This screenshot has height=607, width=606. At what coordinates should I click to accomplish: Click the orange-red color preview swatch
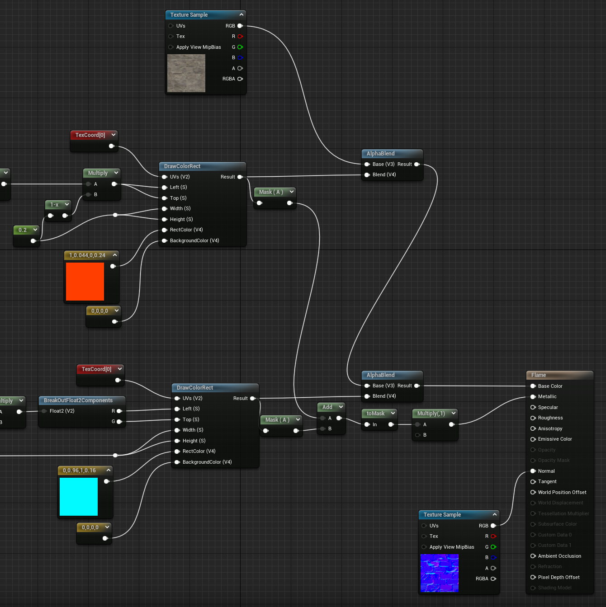(x=85, y=282)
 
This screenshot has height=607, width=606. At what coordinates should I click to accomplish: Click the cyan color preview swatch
(x=79, y=497)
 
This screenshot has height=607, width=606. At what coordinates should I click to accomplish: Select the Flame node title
(x=539, y=375)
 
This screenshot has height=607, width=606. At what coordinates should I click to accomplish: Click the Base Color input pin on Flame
(x=533, y=386)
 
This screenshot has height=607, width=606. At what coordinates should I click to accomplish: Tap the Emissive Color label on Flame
(x=555, y=439)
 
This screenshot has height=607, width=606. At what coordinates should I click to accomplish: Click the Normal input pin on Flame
(x=533, y=471)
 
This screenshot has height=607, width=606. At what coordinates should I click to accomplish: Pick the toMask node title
(x=375, y=414)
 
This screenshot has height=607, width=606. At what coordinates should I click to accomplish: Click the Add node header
(x=327, y=407)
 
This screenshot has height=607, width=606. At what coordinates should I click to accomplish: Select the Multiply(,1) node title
(x=431, y=414)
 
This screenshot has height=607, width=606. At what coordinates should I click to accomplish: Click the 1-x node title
(x=54, y=205)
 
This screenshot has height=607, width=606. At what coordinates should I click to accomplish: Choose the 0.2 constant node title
(x=23, y=230)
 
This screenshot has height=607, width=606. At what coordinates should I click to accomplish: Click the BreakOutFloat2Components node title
(x=78, y=400)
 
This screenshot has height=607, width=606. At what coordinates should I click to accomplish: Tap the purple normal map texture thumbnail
(x=440, y=573)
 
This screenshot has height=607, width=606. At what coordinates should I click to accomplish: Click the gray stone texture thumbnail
(x=186, y=73)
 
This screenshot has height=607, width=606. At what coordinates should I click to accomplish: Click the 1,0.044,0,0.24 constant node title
(x=87, y=255)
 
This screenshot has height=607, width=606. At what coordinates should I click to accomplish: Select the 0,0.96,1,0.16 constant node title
(x=79, y=471)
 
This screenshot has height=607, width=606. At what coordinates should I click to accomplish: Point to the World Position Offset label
(x=562, y=492)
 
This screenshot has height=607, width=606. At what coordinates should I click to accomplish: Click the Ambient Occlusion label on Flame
(x=559, y=556)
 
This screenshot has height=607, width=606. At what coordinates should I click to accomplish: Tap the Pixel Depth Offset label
(x=559, y=577)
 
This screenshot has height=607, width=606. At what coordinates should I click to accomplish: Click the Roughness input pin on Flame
(x=533, y=418)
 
